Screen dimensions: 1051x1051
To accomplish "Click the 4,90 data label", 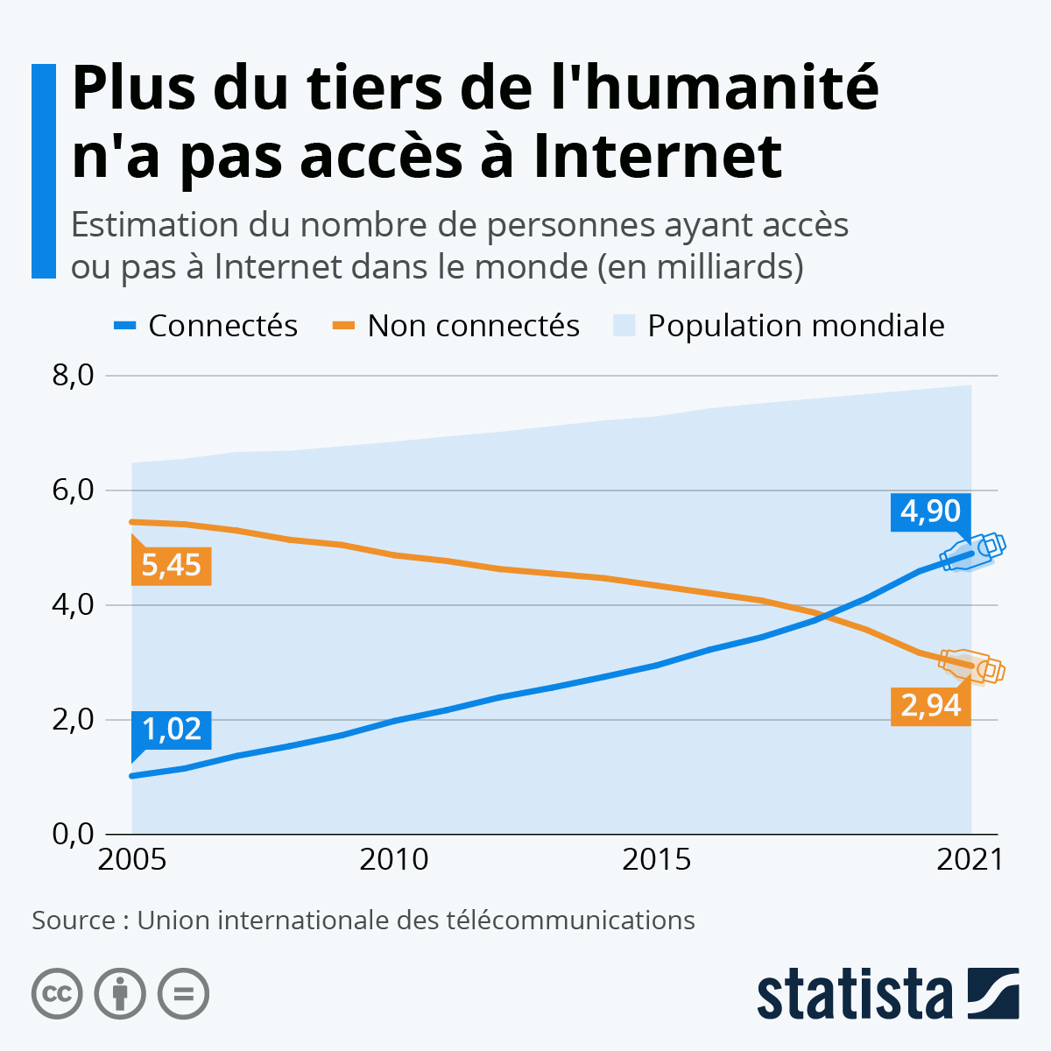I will (x=930, y=511).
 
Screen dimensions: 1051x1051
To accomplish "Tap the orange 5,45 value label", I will (x=172, y=565).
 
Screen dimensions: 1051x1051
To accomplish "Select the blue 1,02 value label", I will (x=172, y=729).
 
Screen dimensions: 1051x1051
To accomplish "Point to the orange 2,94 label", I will (x=930, y=705).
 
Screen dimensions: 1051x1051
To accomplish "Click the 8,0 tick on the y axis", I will (x=73, y=376).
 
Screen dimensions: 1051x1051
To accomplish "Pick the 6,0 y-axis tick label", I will (x=73, y=490).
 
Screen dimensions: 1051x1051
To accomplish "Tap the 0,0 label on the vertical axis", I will (x=73, y=834).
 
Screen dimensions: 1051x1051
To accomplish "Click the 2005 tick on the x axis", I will (x=132, y=860).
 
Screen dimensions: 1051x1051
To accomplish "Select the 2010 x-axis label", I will (x=394, y=860).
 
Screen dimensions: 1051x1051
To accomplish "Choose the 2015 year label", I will (x=657, y=860).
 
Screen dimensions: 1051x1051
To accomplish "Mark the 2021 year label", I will (x=970, y=860).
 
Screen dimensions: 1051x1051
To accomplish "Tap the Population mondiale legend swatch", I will (x=624, y=326).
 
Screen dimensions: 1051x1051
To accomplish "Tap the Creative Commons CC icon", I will (x=57, y=994).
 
